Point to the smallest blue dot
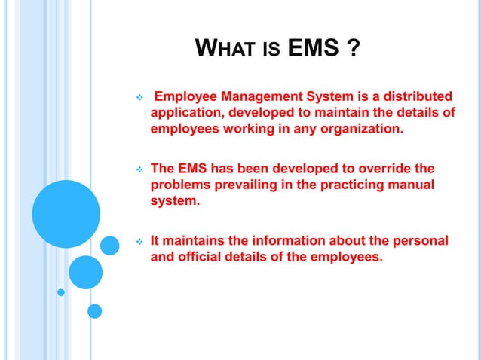(x=62, y=292)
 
